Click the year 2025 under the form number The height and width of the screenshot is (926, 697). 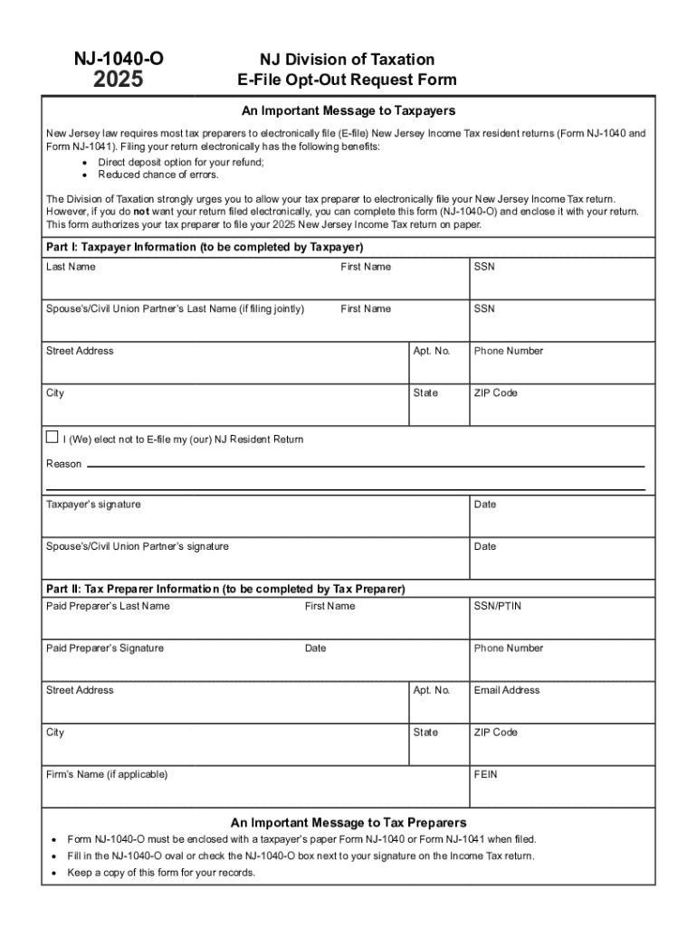(118, 80)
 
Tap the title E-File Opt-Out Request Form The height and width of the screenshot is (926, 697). (347, 80)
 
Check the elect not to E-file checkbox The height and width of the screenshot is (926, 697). (52, 439)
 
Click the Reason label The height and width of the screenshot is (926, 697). (63, 464)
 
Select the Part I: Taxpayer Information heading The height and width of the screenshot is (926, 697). (204, 247)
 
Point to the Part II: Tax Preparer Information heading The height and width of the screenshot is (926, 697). (225, 589)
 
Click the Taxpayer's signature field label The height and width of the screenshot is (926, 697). (93, 505)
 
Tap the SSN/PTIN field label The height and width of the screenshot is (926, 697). (497, 606)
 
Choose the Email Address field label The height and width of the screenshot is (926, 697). (506, 690)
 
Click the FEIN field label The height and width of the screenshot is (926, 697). (485, 775)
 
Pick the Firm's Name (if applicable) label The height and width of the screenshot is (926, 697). (107, 775)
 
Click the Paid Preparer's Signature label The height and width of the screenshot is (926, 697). (105, 648)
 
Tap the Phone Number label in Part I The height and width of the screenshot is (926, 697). (508, 351)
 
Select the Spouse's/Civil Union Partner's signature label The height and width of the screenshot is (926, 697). (138, 546)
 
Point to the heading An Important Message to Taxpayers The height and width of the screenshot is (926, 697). (348, 110)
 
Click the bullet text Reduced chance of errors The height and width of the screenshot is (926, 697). (145, 175)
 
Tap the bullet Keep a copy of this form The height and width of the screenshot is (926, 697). (161, 873)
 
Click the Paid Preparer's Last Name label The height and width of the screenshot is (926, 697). (108, 606)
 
